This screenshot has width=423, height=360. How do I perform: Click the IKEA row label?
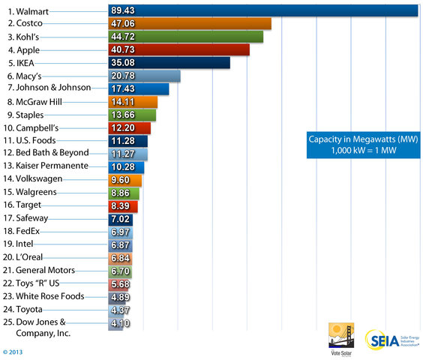pyautogui.click(x=21, y=62)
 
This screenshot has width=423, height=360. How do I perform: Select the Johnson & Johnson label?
pyautogui.click(x=49, y=88)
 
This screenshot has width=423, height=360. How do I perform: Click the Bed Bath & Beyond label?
pyautogui.click(x=48, y=153)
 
